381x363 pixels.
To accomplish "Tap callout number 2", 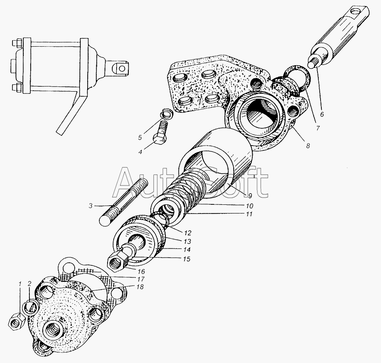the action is (x=29, y=284).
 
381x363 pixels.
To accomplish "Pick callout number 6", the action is (x=321, y=115).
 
